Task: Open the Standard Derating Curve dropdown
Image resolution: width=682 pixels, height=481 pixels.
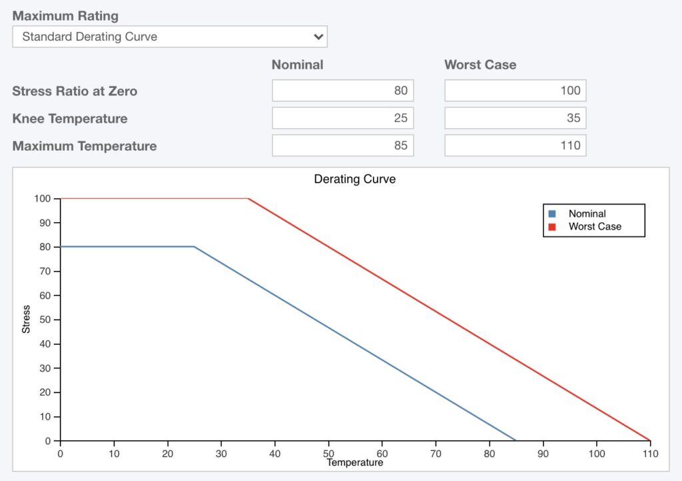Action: click(169, 37)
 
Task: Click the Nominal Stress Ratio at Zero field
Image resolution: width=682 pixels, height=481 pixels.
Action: click(342, 91)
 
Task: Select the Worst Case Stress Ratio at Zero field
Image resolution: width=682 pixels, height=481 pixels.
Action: click(515, 91)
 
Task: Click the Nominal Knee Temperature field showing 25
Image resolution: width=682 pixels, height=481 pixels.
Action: click(342, 119)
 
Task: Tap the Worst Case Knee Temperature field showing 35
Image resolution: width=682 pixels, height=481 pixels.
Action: click(515, 119)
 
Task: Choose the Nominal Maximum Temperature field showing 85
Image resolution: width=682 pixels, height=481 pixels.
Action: click(342, 145)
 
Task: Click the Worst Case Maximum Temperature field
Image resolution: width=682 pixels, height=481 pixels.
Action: click(515, 145)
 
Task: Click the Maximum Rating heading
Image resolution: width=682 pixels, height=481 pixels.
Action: click(65, 15)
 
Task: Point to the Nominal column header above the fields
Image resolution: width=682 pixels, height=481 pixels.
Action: click(297, 65)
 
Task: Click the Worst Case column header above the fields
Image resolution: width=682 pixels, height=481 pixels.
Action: click(480, 65)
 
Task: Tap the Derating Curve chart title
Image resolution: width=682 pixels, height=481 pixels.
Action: click(354, 179)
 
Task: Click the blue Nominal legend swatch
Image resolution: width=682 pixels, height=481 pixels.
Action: click(551, 214)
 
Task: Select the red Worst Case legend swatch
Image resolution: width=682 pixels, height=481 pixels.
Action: click(551, 227)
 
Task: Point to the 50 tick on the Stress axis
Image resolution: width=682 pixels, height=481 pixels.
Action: click(47, 320)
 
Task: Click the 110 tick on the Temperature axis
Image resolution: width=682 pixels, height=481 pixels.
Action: click(650, 454)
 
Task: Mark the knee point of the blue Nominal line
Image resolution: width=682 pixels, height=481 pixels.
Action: click(194, 247)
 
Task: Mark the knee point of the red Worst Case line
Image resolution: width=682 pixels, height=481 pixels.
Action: click(248, 198)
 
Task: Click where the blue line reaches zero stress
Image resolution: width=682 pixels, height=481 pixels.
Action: click(516, 441)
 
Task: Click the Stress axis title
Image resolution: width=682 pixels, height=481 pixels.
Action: click(26, 320)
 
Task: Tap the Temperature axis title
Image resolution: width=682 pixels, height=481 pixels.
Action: click(354, 462)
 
